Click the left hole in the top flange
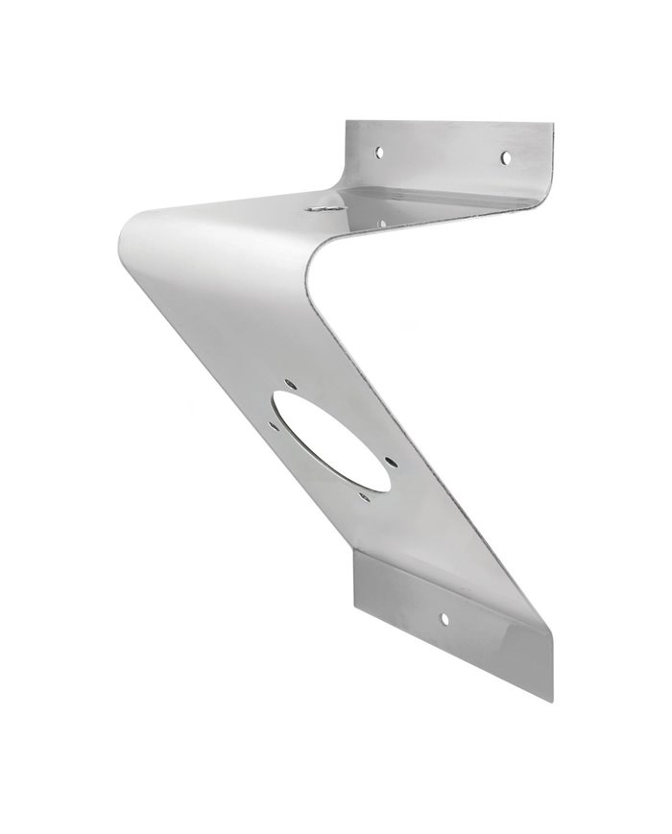[x=380, y=151]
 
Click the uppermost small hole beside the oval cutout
[x=292, y=388]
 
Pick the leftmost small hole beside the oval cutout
[x=272, y=422]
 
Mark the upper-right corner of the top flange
[x=555, y=122]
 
